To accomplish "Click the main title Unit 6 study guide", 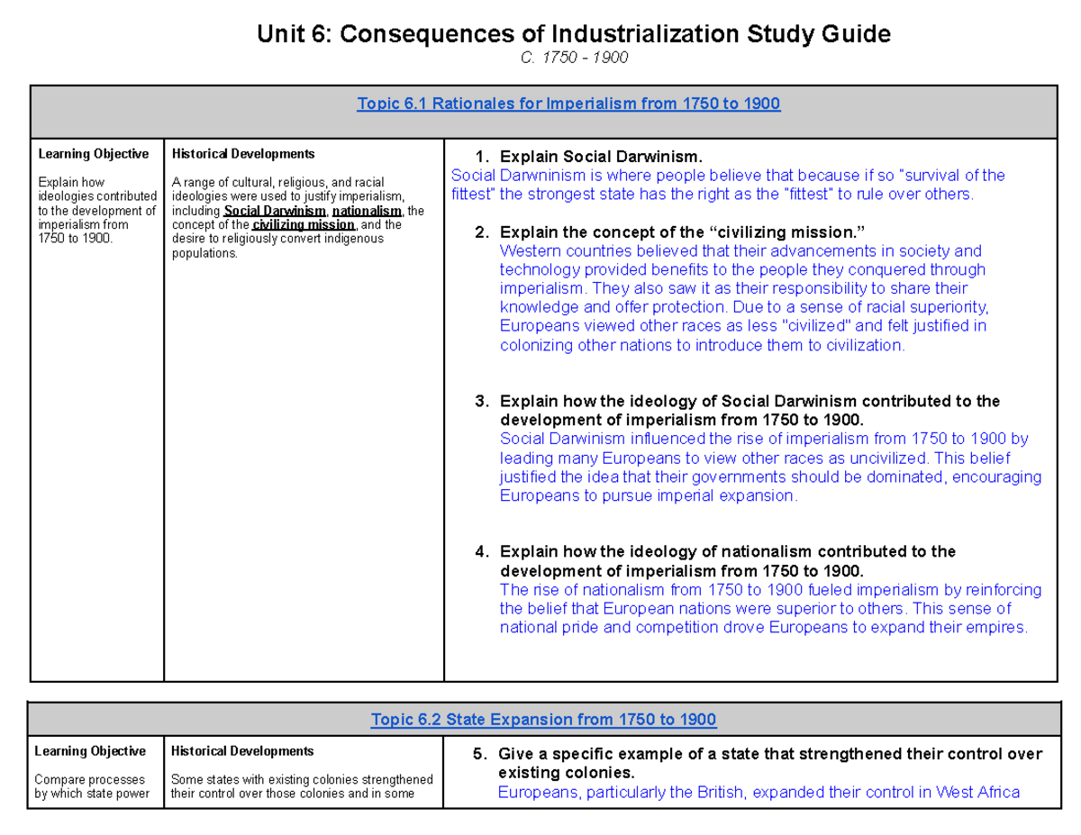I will tap(573, 34).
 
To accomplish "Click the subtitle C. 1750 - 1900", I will tap(574, 58).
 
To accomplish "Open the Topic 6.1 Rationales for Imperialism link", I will tap(568, 104).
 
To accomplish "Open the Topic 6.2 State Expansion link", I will tap(543, 719).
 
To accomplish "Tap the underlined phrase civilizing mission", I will tap(304, 224).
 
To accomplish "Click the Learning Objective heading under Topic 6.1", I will tap(93, 154).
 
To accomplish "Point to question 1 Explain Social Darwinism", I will tap(600, 156).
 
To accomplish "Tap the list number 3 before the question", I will tap(481, 401).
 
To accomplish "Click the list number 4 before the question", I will tap(481, 551).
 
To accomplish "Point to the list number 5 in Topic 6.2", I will tap(479, 755).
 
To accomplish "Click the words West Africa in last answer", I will tap(977, 793).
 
